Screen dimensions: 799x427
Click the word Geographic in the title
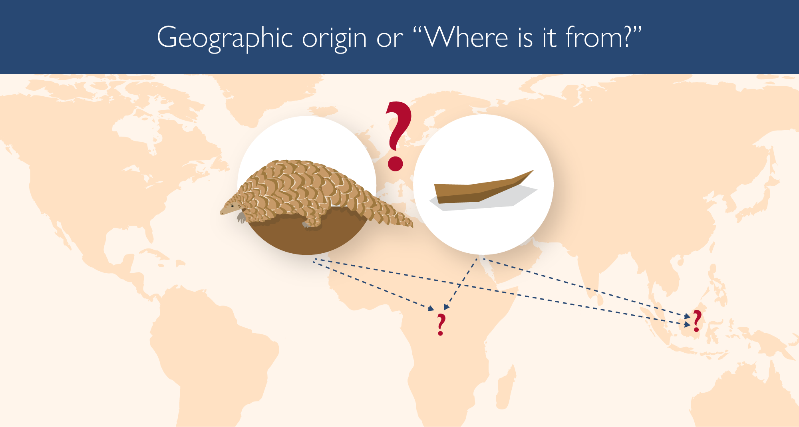pos(225,38)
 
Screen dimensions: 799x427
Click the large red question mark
pos(398,136)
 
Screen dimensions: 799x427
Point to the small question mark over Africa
pos(441,324)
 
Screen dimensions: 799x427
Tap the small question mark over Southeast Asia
pos(697,321)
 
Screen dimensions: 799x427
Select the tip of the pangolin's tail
pos(412,226)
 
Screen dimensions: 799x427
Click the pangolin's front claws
pos(240,218)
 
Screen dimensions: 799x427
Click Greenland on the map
pos(272,96)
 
